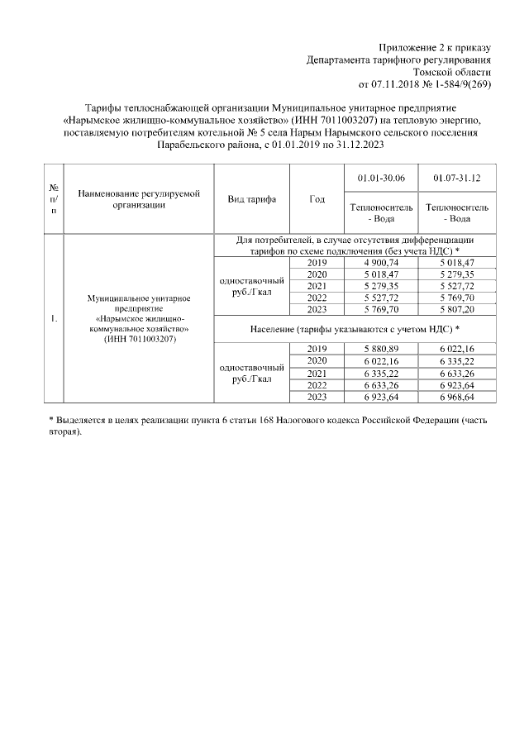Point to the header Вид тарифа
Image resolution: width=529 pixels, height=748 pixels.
(x=251, y=199)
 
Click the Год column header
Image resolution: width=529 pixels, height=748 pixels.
(x=317, y=199)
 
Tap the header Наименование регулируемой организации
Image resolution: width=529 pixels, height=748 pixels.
(x=140, y=199)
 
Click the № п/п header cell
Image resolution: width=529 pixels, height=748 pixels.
(x=54, y=199)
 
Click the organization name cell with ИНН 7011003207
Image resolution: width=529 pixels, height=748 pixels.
(x=140, y=318)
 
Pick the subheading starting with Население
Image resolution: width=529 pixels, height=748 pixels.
(x=355, y=329)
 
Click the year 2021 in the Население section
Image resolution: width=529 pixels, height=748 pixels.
(x=317, y=373)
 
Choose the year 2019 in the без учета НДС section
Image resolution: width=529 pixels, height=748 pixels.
(x=317, y=262)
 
